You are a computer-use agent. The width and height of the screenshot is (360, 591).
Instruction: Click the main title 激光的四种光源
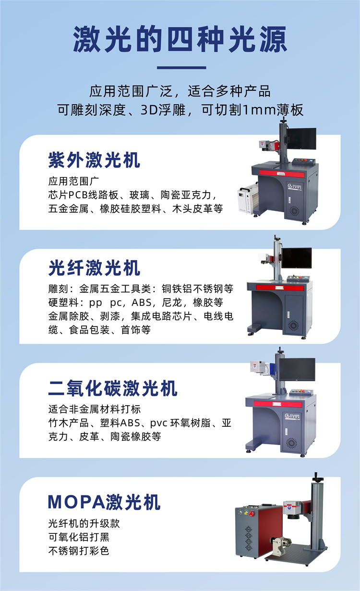click(180, 39)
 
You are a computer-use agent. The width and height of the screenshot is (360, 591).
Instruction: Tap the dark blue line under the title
click(181, 68)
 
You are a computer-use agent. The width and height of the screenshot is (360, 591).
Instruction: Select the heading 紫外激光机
click(94, 160)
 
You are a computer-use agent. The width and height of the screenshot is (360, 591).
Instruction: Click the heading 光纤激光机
click(94, 268)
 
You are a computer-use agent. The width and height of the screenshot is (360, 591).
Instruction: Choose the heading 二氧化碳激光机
click(113, 388)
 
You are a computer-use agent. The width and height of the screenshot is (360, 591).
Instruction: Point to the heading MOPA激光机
click(104, 502)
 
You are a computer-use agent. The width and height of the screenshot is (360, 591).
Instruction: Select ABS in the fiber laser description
click(142, 302)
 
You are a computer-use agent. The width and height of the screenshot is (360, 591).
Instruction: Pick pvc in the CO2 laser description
click(159, 423)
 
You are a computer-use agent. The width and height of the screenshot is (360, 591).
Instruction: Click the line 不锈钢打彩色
click(79, 551)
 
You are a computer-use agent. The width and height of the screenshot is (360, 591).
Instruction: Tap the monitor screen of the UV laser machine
click(302, 139)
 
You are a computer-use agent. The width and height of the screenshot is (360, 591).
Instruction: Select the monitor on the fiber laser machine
click(297, 258)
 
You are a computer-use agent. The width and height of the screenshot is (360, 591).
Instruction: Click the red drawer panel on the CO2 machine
click(278, 404)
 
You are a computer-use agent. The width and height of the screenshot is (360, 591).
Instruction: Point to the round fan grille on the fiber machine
click(294, 326)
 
